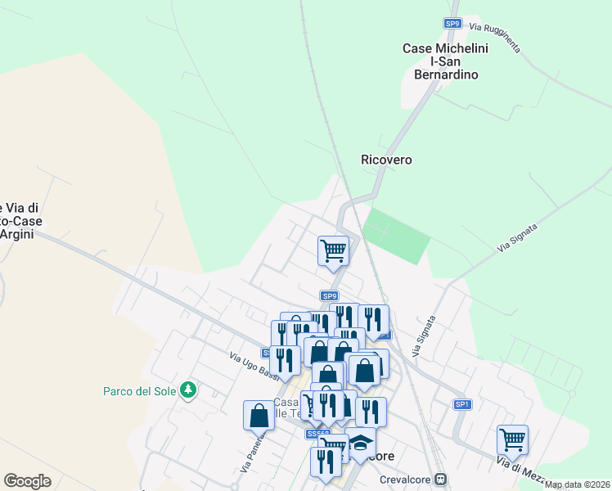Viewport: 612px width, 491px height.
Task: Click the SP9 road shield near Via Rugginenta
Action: (452, 24)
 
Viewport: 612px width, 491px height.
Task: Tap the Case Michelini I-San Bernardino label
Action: (445, 61)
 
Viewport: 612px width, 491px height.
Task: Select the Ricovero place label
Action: (386, 160)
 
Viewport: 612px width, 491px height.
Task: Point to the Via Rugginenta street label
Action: (494, 38)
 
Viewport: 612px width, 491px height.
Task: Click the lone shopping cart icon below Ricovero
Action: (333, 250)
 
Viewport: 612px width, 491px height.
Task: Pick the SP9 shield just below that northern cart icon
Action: (329, 295)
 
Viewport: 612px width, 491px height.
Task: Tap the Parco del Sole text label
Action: (140, 391)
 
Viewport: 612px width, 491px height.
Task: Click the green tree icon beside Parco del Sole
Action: (189, 390)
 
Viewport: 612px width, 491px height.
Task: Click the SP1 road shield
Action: (462, 404)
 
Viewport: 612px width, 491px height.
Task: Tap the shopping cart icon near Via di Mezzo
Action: (512, 439)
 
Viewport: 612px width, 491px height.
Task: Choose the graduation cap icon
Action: (360, 442)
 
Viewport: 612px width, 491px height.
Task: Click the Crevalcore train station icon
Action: (441, 479)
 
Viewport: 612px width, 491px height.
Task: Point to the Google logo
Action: (27, 481)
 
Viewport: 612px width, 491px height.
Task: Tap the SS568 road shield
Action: (317, 434)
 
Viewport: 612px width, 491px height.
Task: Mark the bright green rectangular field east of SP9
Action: (396, 234)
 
